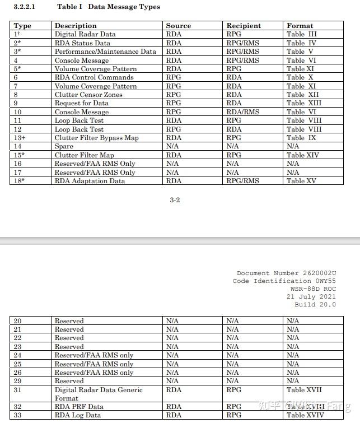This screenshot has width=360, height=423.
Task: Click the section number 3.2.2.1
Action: pos(24,7)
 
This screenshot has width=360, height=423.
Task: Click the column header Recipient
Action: pos(244,26)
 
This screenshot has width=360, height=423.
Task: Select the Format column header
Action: pos(300,26)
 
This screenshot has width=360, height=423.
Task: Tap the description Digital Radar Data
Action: pos(85,34)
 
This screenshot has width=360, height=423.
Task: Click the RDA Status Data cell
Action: pos(82,43)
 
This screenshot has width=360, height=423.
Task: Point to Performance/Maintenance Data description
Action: pos(105,52)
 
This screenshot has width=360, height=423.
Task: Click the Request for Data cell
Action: pos(82,103)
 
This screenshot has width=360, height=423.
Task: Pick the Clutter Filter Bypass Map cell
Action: pos(96,138)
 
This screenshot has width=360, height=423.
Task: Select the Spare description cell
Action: pos(64,146)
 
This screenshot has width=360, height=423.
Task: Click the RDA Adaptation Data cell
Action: pos(90,181)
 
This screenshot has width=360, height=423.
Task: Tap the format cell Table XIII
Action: pos(304,103)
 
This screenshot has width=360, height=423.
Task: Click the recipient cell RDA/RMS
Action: pos(243,112)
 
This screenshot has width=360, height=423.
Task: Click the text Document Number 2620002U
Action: pos(286,273)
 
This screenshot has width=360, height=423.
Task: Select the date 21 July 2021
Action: pos(311,297)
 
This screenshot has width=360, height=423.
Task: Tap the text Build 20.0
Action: pos(315,305)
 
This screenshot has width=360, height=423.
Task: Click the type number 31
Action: pos(18,390)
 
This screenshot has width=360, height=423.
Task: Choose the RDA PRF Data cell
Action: pos(79,407)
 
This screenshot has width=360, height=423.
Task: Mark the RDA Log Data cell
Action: pos(78,415)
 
